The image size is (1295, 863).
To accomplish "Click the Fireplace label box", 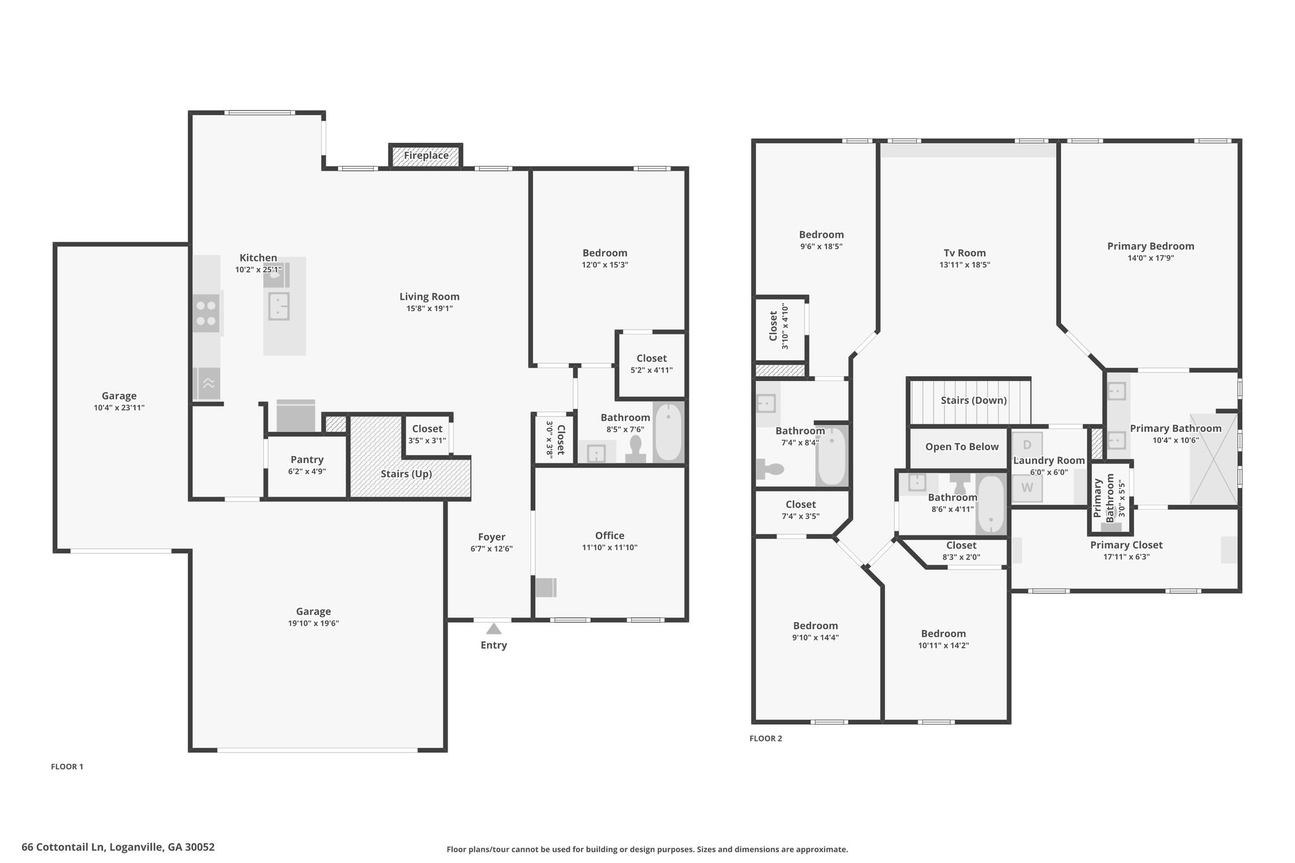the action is pos(426,156).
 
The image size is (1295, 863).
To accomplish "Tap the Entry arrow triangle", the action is pos(494,628).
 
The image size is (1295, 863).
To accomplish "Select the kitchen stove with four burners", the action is pos(206,313).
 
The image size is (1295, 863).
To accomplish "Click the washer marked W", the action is pos(1027,487).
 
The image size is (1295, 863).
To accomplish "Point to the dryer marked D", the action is pos(1027,445).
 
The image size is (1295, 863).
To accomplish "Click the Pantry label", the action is pos(307,460).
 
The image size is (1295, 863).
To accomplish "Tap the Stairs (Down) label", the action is pos(974,400).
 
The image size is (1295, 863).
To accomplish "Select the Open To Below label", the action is pos(962,447).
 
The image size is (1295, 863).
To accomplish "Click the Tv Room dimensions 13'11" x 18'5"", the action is pos(965,265).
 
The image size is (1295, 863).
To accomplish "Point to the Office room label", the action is pos(610,536).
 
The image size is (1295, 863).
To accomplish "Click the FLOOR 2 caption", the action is pos(766,738).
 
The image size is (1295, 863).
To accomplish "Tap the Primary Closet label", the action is pos(1126,545).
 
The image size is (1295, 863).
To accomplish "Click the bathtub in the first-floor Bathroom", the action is pos(668,432).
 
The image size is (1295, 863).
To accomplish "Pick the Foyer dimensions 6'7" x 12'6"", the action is pos(491,549).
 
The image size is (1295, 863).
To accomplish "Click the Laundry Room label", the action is pos(1049,461).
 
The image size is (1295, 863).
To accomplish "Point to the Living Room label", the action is pos(429,297).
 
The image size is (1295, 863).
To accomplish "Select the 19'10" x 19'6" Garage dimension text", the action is pos(314,623).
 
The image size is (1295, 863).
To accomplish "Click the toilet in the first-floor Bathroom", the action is pos(635,449).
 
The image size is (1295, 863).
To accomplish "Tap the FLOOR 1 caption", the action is pos(67,767).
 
